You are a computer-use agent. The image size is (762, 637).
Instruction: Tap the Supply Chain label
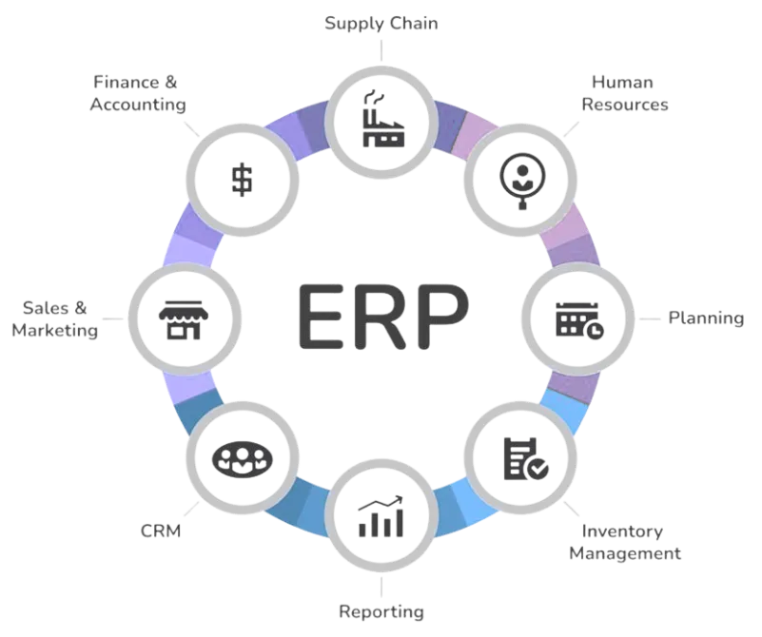click(x=381, y=22)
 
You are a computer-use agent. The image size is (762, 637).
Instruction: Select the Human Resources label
click(x=624, y=93)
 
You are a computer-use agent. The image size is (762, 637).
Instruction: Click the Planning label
click(x=705, y=318)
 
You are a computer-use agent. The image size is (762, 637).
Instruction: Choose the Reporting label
click(x=381, y=609)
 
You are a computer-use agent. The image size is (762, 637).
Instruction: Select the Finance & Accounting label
click(x=138, y=93)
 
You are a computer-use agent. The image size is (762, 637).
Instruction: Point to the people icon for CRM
click(x=243, y=458)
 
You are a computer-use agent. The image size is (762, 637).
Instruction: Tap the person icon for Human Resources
click(x=520, y=176)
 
